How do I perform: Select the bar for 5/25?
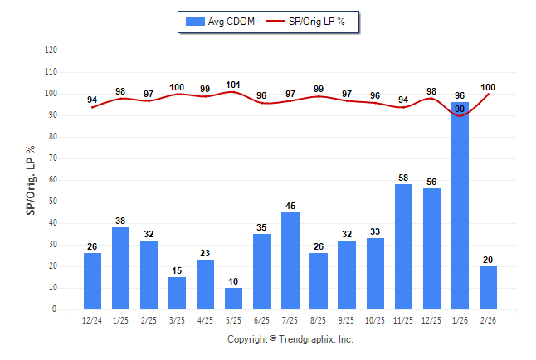pos(234,299)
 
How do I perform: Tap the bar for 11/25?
pos(403,247)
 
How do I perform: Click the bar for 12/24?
pos(93,281)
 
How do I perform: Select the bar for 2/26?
pos(488,288)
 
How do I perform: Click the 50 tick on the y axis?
pos(53,202)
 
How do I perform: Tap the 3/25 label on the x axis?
pos(177,320)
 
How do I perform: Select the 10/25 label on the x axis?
pos(375,320)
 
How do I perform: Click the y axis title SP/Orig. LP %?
pos(31,180)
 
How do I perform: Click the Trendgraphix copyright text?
pos(290,339)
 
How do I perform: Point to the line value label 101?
pos(233,85)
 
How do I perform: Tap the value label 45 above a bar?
pos(290,207)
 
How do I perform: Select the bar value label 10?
pos(234,282)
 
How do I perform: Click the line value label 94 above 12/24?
pos(92,100)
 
